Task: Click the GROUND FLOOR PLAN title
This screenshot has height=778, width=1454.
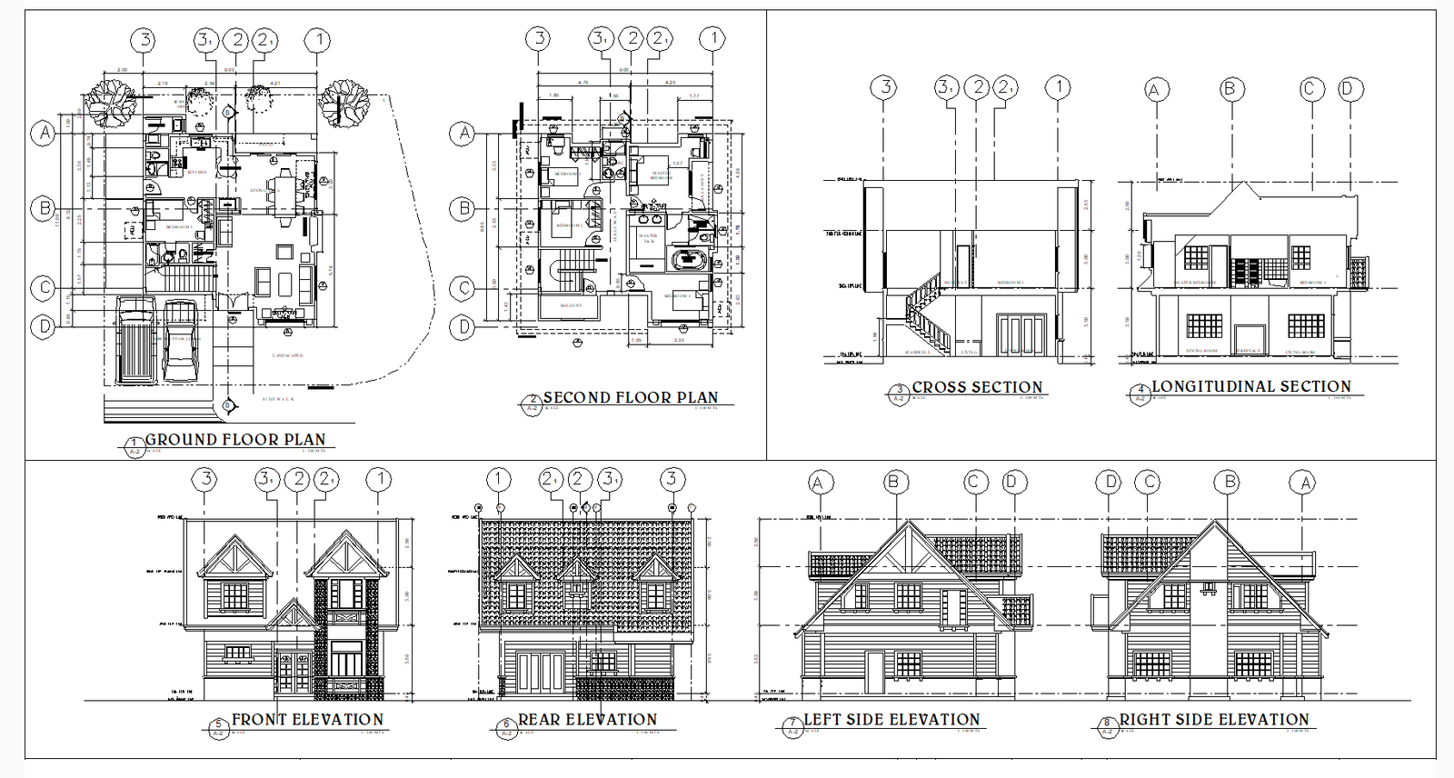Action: (x=234, y=440)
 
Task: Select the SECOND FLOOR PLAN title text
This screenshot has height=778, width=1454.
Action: (x=630, y=398)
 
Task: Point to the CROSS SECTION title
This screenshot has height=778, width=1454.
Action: (x=977, y=387)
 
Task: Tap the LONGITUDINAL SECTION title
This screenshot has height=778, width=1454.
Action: (x=1251, y=386)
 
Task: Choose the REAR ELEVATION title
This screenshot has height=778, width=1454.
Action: (x=587, y=720)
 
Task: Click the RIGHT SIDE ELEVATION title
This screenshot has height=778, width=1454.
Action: (x=1214, y=720)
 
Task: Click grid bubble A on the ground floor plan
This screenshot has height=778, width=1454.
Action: (x=44, y=134)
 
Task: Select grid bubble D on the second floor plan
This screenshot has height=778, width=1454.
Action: (x=463, y=326)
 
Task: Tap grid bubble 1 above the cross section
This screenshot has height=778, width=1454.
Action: (x=1058, y=87)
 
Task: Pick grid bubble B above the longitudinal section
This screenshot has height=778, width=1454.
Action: (x=1230, y=88)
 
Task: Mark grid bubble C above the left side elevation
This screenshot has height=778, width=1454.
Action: (x=974, y=482)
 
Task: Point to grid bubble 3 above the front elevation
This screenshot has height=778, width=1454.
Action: (x=205, y=479)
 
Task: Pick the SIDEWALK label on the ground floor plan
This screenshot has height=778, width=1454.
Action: (x=278, y=399)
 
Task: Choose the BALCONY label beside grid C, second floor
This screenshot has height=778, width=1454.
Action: (x=571, y=305)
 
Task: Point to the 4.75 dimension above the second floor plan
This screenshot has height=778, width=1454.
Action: (x=583, y=83)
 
